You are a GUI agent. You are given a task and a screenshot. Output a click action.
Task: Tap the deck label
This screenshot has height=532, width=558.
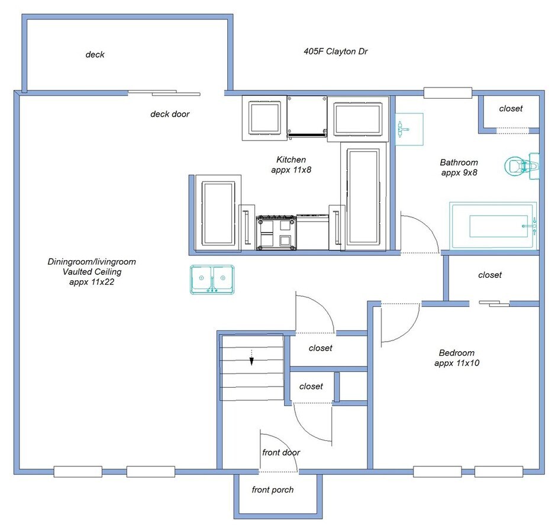point(95,54)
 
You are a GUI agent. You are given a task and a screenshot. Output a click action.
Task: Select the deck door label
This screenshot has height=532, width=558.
point(170,114)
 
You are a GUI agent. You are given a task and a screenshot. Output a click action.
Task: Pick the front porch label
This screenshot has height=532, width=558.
point(272,489)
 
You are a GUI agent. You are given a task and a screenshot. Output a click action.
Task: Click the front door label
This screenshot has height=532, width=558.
point(281,452)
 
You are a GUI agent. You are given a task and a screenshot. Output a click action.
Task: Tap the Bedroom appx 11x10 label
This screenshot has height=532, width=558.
point(457,358)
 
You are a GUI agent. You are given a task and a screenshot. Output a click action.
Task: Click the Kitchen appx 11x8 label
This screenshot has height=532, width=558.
point(291,164)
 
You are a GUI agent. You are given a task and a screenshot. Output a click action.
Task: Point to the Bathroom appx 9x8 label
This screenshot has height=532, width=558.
point(459,167)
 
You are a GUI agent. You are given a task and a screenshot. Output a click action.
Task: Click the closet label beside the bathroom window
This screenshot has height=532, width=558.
point(511,108)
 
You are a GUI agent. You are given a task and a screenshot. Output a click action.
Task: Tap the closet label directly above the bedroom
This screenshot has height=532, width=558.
point(489,275)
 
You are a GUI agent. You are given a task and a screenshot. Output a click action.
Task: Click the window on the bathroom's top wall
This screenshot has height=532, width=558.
point(448,92)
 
